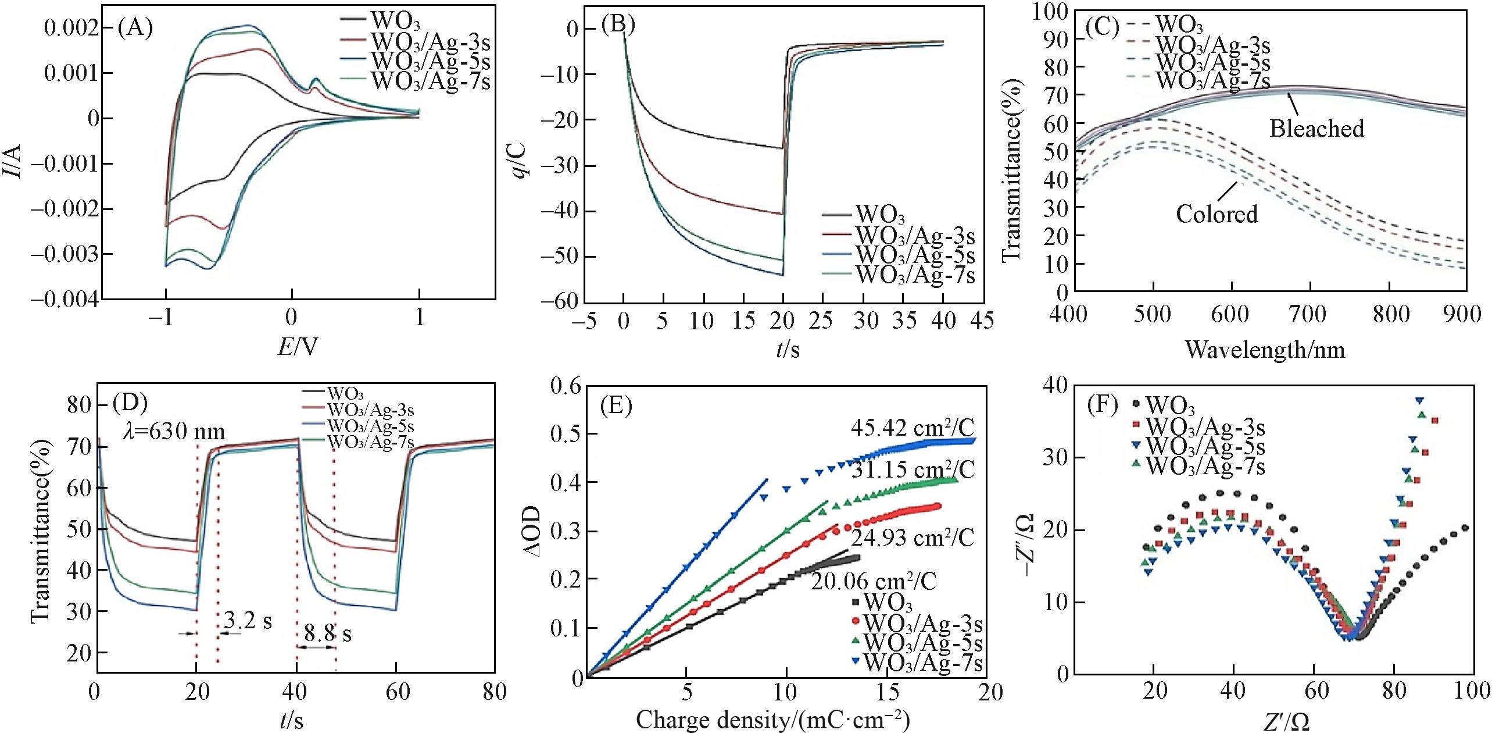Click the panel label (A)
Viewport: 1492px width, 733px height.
(x=135, y=27)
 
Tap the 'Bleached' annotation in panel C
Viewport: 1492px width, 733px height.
(x=1316, y=129)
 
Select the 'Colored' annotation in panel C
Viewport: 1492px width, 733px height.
(x=1217, y=214)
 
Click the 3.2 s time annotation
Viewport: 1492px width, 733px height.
(x=248, y=621)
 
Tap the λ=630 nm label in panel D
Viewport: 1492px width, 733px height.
(x=174, y=432)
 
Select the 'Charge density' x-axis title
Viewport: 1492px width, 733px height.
(x=772, y=720)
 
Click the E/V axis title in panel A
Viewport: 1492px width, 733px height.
(x=298, y=347)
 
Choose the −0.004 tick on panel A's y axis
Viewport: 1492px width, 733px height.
(x=64, y=300)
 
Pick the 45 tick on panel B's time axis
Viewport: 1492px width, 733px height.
(x=982, y=321)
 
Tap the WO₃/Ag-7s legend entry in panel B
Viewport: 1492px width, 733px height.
(x=916, y=275)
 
